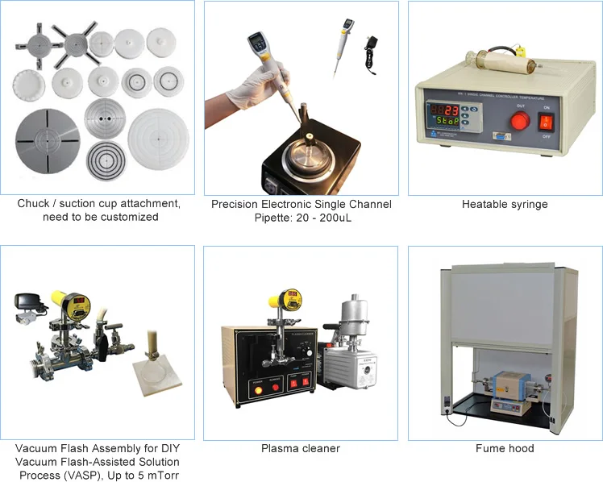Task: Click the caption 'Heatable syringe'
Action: click(505, 205)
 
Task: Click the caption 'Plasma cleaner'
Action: click(301, 448)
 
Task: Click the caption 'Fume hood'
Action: click(505, 448)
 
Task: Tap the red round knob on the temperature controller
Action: click(521, 122)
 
